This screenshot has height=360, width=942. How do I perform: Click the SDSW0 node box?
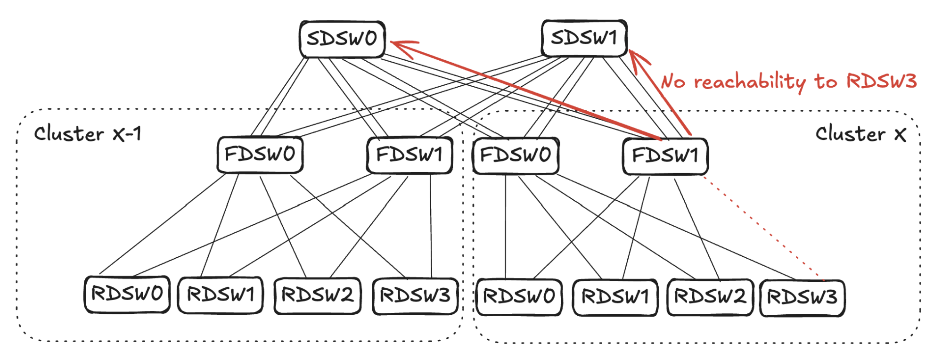(x=343, y=39)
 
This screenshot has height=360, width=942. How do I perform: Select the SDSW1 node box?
(x=584, y=38)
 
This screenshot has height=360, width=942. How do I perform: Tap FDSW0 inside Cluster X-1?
(x=260, y=155)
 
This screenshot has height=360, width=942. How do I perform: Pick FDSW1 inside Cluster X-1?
(x=410, y=155)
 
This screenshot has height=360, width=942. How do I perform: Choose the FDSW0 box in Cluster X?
(x=516, y=155)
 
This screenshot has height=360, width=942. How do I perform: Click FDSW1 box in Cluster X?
(x=665, y=156)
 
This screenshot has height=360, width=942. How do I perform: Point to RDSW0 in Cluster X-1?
(x=127, y=294)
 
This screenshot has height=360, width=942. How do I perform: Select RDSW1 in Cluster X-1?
(x=221, y=295)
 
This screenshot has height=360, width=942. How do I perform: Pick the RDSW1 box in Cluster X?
(x=615, y=297)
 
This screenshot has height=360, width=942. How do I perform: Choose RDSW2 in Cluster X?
(x=710, y=297)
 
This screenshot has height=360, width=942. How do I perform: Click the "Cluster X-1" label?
(x=88, y=134)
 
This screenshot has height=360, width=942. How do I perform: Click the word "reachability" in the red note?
(x=750, y=82)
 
